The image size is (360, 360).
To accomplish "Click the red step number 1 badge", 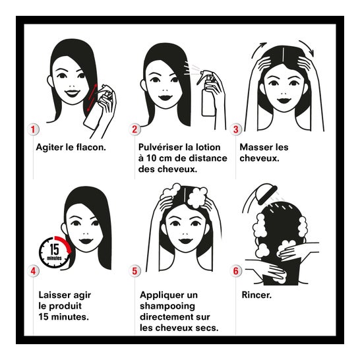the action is click(33, 129).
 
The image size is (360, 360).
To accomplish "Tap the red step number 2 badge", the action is click(135, 129).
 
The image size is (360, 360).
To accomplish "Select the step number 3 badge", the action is click(236, 129).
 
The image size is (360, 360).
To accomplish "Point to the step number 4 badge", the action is click(33, 271).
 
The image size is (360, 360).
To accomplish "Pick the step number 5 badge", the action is click(135, 271).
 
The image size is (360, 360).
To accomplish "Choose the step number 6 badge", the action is click(236, 271).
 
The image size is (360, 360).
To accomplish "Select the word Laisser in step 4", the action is click(53, 295).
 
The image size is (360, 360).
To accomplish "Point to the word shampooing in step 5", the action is click(167, 307).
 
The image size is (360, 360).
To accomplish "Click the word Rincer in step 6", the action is click(256, 295).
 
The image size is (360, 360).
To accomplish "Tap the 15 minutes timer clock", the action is click(55, 252).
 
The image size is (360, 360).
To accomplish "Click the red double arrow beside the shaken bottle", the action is click(92, 98).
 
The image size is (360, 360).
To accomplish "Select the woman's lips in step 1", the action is click(73, 93).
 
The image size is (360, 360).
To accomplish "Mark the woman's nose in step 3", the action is click(284, 94).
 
